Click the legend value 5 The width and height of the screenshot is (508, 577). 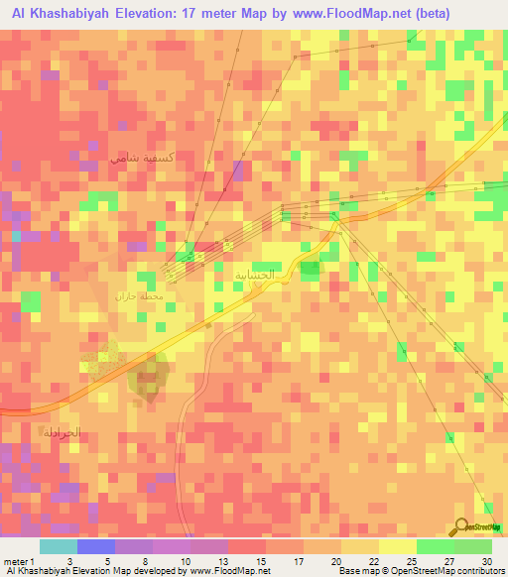(107, 561)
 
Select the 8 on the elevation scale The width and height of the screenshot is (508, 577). (145, 561)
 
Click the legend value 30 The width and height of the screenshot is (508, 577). (487, 561)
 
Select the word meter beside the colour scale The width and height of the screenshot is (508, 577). (17, 561)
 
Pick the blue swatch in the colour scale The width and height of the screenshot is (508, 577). (95, 546)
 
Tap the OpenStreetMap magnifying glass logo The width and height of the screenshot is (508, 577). (463, 527)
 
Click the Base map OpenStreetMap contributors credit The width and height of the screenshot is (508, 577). (421, 572)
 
